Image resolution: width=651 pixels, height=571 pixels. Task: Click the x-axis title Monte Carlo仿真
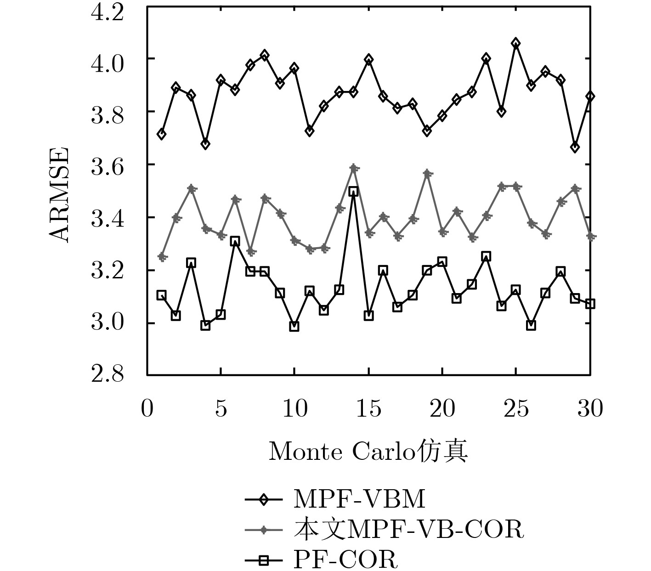368,451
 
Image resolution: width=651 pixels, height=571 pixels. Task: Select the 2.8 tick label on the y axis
108,375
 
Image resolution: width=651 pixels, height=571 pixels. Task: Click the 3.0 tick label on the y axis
108,322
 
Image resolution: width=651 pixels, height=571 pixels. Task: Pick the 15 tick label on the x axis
368,408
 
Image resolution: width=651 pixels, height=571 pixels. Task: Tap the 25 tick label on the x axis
516,408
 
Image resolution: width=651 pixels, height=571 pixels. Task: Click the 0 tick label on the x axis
147,408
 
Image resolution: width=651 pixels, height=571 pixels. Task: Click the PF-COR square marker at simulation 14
353,192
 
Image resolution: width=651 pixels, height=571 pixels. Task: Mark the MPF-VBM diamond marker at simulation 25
516,43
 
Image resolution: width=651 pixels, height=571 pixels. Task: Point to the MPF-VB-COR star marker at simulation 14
353,168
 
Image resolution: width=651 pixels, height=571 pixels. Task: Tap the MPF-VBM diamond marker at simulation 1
161,134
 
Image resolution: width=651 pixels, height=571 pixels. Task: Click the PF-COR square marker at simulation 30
590,304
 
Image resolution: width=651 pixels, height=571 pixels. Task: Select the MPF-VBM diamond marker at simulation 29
575,147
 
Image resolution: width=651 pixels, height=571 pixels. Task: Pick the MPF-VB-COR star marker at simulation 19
427,174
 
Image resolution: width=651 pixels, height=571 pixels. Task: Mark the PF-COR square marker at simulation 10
294,326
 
